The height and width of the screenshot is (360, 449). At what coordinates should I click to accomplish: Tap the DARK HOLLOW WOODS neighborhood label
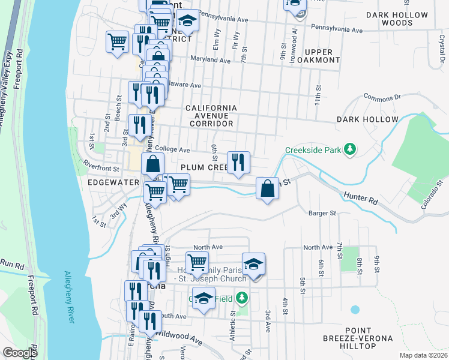397,19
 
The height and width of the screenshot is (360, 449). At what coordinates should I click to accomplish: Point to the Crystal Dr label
441,41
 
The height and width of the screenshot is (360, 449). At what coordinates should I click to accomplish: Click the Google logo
20,353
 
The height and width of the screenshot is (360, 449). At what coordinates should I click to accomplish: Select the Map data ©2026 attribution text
423,355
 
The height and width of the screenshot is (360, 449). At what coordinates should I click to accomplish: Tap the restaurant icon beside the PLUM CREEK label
238,162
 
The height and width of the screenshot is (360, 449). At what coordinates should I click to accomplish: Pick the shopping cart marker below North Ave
197,262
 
